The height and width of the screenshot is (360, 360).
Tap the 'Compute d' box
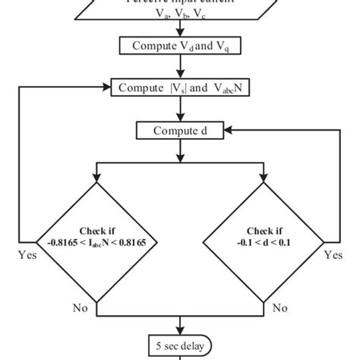point(179,131)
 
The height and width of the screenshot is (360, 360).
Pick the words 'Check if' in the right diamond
point(267,231)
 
